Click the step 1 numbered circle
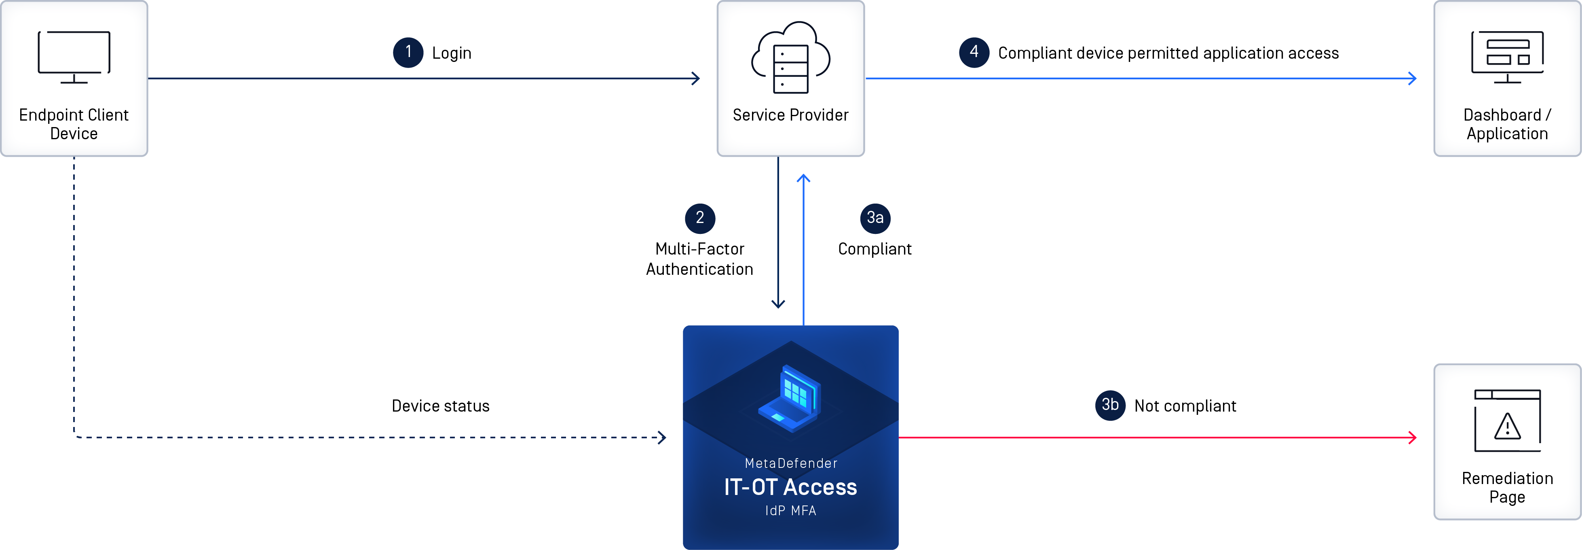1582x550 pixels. coord(408,52)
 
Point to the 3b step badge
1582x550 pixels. coord(1110,405)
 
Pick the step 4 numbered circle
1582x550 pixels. coord(974,52)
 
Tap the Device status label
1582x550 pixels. coord(440,406)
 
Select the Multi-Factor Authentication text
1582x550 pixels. coord(699,259)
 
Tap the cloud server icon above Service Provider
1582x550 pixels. coord(790,58)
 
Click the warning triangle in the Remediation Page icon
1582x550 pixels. coord(1507,427)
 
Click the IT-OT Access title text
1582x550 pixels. coord(790,487)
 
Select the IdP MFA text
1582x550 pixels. coord(790,511)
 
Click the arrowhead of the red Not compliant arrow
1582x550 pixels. coord(1413,437)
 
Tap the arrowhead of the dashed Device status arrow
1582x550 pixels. coord(662,437)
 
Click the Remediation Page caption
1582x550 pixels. coord(1507,487)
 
